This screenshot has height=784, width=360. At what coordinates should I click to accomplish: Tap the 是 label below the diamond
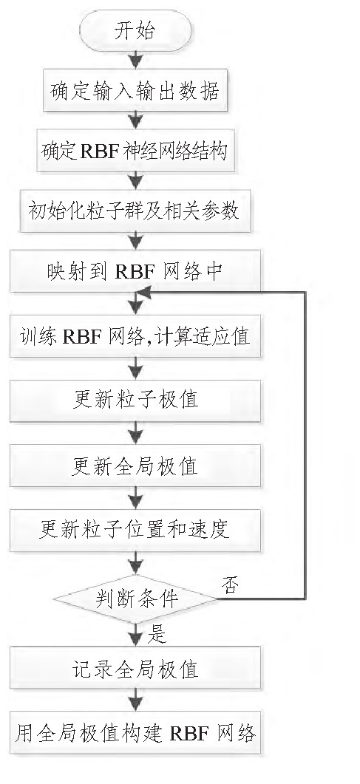(x=157, y=633)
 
